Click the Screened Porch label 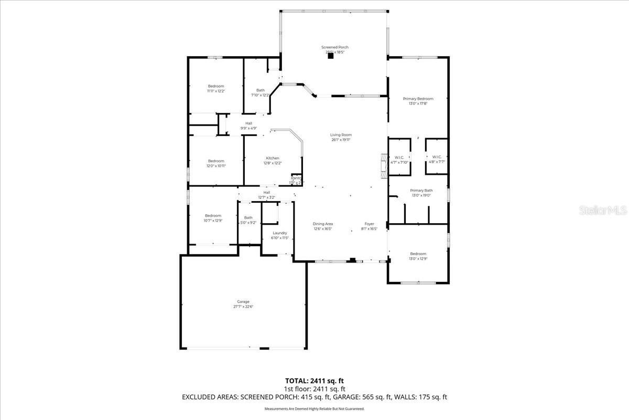[334, 47]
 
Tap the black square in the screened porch [330, 57]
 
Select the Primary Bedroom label [418, 99]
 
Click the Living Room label [341, 135]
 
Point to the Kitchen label [272, 158]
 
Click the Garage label [243, 302]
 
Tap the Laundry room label [280, 233]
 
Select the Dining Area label [323, 224]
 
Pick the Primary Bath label [421, 191]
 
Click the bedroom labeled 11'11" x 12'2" [215, 86]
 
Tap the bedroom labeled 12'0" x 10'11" [215, 161]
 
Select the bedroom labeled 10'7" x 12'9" [213, 216]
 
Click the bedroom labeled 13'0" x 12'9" [418, 254]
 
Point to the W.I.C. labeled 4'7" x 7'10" [399, 157]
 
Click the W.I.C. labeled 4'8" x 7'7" [437, 157]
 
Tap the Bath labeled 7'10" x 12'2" [260, 90]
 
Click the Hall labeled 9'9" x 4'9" [248, 123]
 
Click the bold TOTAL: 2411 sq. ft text [314, 381]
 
